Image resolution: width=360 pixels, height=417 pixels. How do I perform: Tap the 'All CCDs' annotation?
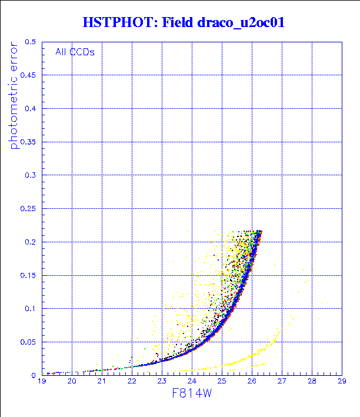[x=75, y=52]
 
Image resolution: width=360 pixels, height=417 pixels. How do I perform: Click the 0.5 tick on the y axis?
[x=31, y=42]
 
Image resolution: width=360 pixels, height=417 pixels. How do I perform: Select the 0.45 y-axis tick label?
[x=28, y=75]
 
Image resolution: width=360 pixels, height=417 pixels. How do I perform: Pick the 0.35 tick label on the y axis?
[x=28, y=142]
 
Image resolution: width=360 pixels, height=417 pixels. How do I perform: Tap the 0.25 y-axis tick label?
[x=28, y=208]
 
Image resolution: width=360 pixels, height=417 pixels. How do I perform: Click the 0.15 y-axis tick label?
[x=28, y=275]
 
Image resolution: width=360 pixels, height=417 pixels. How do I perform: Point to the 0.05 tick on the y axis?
[x=28, y=341]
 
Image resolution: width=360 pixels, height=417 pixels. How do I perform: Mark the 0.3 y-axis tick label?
[x=31, y=175]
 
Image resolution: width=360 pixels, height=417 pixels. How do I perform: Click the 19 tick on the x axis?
[x=42, y=382]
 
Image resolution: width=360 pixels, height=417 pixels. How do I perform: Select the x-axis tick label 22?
[x=132, y=382]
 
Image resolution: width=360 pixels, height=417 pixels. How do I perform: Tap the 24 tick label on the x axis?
[x=192, y=382]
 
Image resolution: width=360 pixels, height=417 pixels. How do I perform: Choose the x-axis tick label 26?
[x=252, y=382]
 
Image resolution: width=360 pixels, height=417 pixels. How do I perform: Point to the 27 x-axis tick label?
[x=282, y=382]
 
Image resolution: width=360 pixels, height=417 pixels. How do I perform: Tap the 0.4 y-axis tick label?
[x=31, y=109]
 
